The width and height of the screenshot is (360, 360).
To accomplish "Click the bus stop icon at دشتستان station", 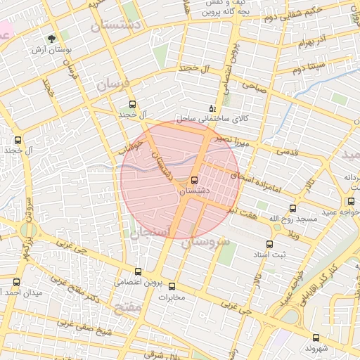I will pyautogui.click(x=194, y=179).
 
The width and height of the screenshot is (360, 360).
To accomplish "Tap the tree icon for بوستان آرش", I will pyautogui.click(x=52, y=39).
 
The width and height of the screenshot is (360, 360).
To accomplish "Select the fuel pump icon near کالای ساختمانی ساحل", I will pyautogui.click(x=212, y=108).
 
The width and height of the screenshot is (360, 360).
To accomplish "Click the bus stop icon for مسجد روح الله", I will pyautogui.click(x=292, y=207).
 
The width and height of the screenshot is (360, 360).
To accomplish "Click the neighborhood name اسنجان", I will pyautogui.click(x=148, y=232).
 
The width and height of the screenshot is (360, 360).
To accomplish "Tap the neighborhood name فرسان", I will pyautogui.click(x=113, y=84).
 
